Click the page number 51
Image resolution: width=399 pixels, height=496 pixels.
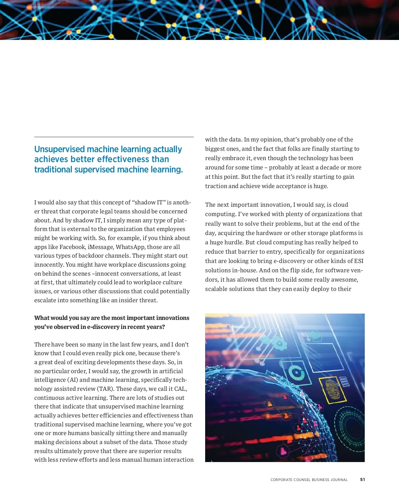pos(362,480)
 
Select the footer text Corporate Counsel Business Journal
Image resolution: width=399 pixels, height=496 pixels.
pos(309,480)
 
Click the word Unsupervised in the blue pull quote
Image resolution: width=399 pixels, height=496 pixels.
pos(60,149)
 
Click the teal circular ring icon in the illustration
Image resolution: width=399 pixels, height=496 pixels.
pos(296,373)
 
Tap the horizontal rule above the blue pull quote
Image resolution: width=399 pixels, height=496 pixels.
pos(114,137)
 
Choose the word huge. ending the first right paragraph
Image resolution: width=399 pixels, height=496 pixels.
pos(321,186)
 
